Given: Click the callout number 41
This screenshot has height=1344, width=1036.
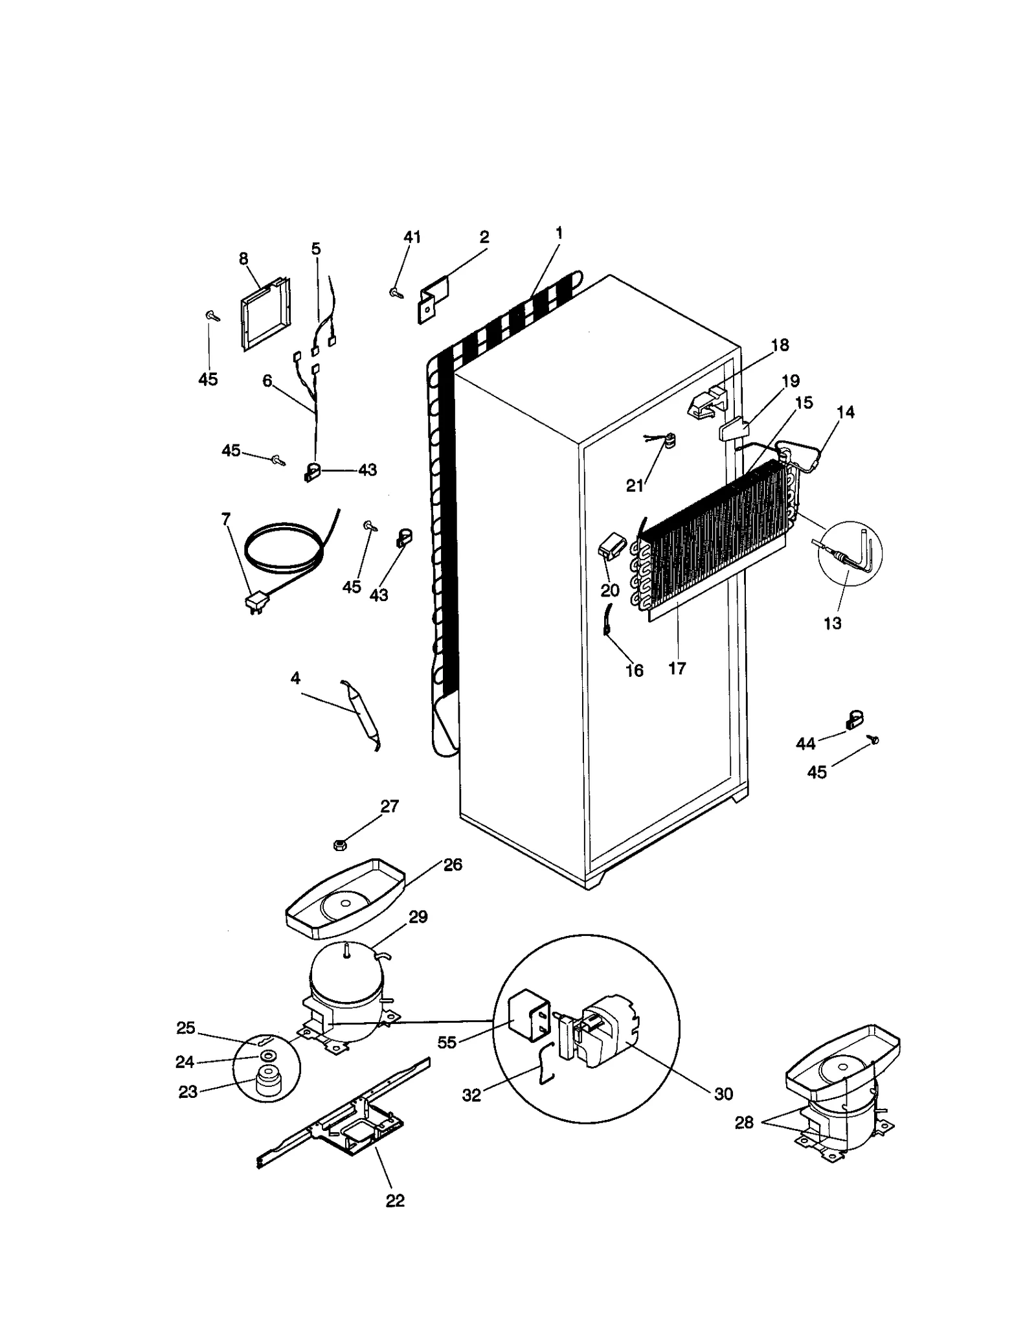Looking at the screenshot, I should tap(412, 237).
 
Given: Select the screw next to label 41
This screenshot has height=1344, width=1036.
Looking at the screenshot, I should tap(395, 293).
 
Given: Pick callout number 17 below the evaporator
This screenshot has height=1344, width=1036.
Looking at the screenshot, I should tap(677, 668).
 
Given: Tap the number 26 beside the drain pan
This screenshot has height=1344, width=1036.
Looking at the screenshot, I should tap(453, 865).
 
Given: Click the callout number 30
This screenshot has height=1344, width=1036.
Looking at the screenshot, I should tap(723, 1093).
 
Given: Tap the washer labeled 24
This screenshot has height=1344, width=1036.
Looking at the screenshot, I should tap(266, 1056).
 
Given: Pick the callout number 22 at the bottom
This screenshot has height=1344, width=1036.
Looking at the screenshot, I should tap(395, 1200).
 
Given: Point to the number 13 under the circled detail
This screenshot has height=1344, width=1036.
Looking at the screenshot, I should tap(832, 623).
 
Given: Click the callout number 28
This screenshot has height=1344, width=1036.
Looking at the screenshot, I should tap(744, 1122).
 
